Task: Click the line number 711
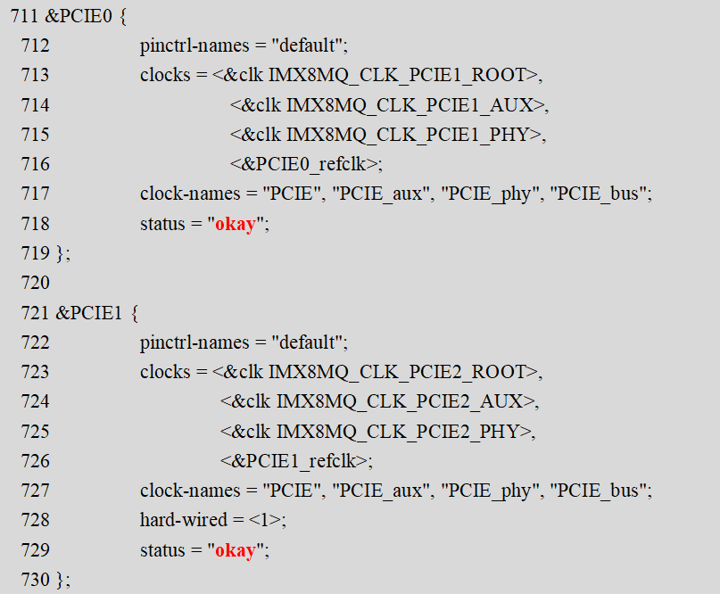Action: [24, 16]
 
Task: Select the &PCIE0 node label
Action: [79, 16]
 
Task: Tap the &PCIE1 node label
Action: [89, 313]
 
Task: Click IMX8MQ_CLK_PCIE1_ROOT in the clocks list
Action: [397, 75]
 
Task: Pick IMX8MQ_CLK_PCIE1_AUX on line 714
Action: [410, 105]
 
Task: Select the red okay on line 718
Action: [236, 224]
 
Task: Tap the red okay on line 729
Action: [236, 550]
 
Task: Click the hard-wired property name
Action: [184, 520]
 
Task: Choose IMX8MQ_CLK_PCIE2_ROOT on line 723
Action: [397, 372]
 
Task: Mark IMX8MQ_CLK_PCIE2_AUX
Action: [400, 401]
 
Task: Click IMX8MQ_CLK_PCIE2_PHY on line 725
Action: [398, 432]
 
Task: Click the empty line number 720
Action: [35, 283]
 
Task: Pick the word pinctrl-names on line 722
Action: [194, 342]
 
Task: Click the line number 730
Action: [35, 580]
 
